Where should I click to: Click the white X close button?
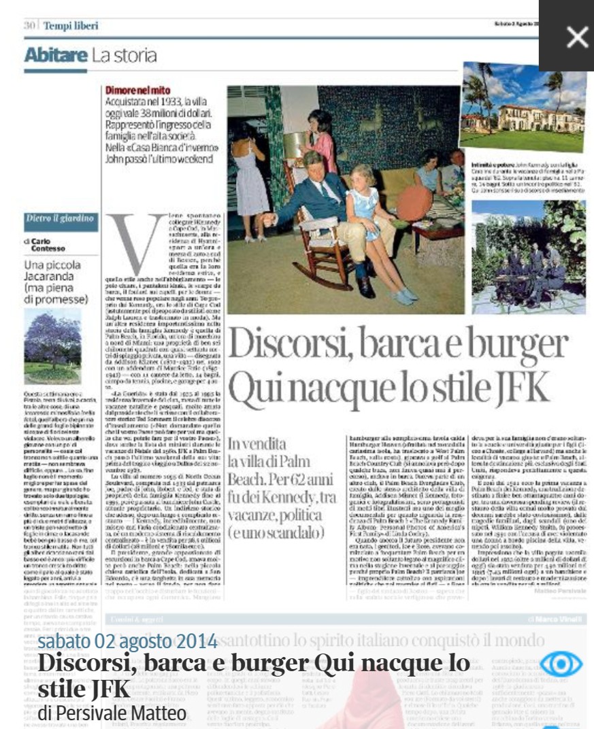coord(576,36)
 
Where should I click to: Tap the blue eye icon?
coord(561,663)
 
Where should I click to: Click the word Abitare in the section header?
coord(56,56)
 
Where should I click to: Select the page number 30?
coord(29,26)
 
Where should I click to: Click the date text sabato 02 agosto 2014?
coord(127,641)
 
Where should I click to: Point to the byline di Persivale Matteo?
coord(112,713)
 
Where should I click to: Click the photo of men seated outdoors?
coord(529,256)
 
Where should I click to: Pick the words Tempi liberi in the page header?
coord(71,26)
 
